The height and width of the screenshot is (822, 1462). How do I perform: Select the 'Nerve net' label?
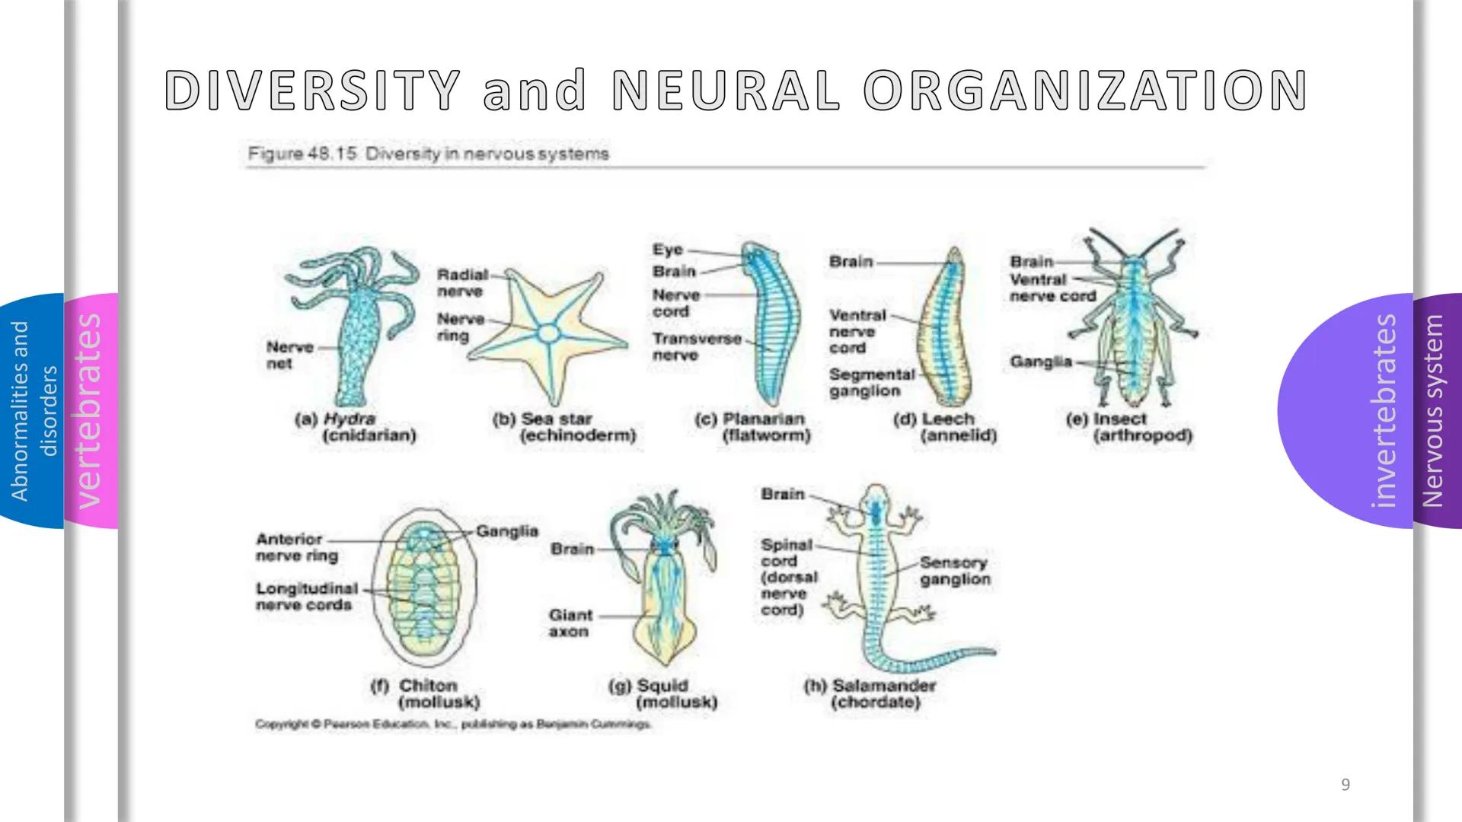[289, 355]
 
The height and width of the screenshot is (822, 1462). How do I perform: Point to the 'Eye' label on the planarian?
[668, 250]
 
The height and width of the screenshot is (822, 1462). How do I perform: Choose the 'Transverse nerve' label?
[696, 347]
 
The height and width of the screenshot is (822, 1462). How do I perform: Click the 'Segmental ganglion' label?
[872, 383]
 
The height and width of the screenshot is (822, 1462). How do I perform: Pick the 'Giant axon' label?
[570, 623]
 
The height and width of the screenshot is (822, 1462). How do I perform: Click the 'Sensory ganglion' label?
[955, 571]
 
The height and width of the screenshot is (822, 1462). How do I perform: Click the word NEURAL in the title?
[726, 91]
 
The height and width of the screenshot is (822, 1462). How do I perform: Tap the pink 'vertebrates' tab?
[91, 411]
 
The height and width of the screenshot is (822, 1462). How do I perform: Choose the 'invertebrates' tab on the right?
[1384, 411]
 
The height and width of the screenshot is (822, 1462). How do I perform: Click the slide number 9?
[1345, 785]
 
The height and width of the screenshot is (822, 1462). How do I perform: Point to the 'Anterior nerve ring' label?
[297, 547]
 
